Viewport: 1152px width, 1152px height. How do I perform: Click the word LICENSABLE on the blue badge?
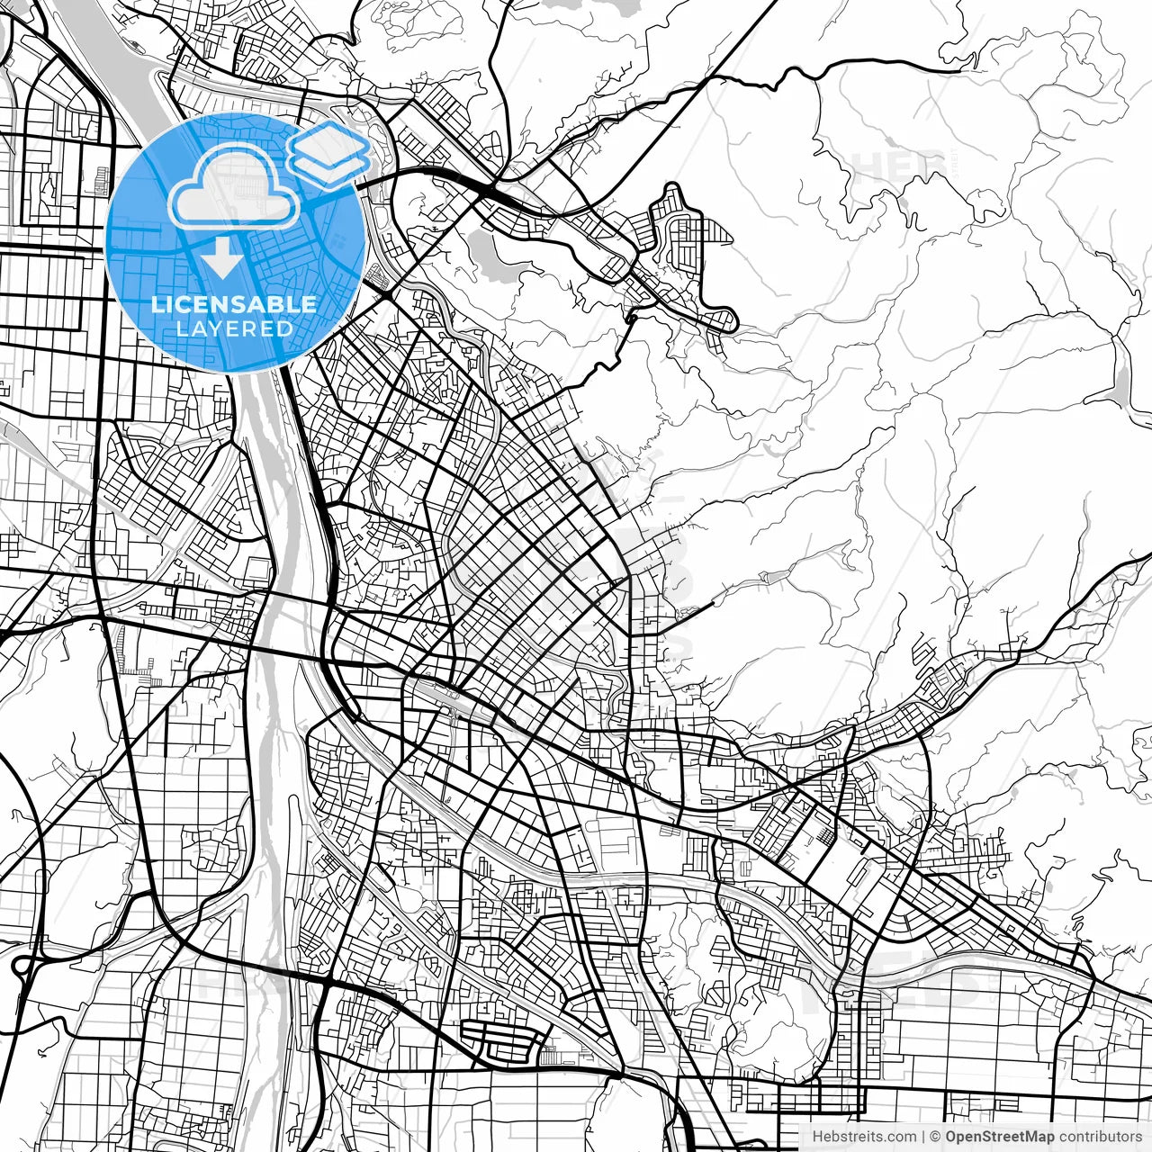point(234,304)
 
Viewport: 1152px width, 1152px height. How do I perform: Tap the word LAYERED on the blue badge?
point(234,328)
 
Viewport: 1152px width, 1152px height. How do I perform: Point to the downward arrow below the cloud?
point(221,259)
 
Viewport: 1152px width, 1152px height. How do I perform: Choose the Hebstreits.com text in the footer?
point(864,1137)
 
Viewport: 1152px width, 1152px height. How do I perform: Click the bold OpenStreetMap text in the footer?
point(1000,1137)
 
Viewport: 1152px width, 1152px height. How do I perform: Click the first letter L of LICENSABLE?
point(156,304)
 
